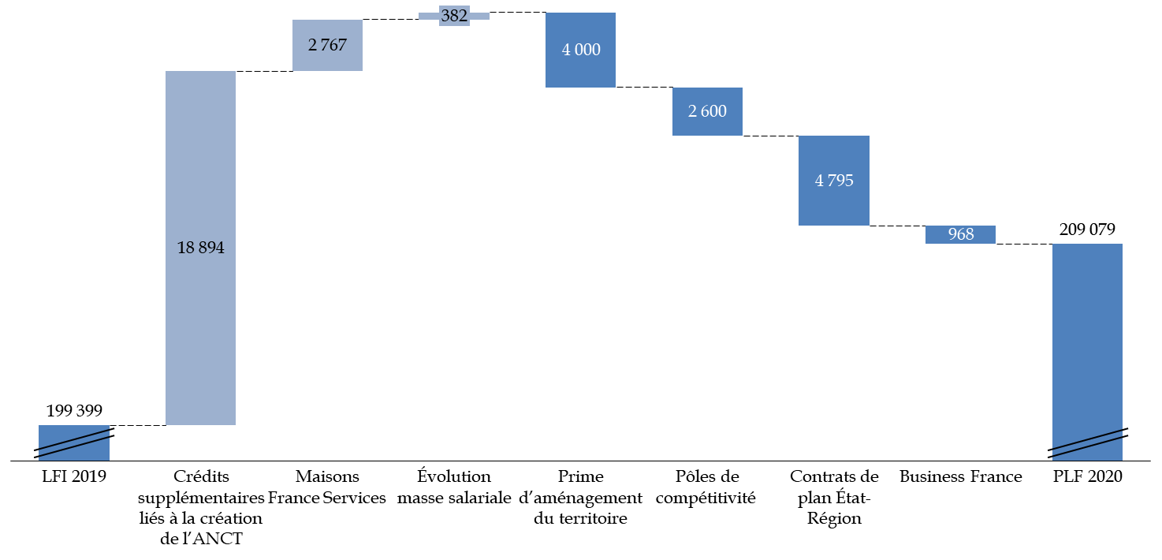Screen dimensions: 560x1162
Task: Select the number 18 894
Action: [x=200, y=248]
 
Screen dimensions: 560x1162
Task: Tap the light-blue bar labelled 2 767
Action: [x=327, y=60]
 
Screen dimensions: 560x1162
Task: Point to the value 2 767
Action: [x=327, y=45]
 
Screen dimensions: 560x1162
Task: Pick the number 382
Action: [x=454, y=16]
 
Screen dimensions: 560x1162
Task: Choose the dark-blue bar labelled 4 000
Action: [x=580, y=71]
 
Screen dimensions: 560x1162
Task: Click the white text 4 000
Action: [x=581, y=50]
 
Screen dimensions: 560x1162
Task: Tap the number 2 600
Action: [x=707, y=111]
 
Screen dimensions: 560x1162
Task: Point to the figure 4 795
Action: [x=834, y=181]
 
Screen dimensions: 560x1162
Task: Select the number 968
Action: [x=961, y=234]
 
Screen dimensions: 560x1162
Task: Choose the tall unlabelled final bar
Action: [x=1087, y=331]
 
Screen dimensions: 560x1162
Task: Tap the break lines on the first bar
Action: [x=74, y=442]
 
